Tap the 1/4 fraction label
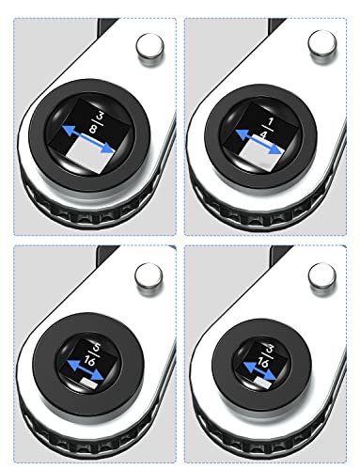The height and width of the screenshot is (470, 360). [x=267, y=128]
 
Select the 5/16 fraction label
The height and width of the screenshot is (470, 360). [x=91, y=354]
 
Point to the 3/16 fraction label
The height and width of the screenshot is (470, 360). [x=265, y=357]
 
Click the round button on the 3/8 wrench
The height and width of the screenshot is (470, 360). [x=149, y=50]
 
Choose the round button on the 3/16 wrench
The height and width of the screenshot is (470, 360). [x=321, y=277]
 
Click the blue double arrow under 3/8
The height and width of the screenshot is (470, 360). [x=88, y=139]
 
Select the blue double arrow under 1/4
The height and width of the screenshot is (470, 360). [x=258, y=142]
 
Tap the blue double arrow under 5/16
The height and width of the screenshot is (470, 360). [x=86, y=369]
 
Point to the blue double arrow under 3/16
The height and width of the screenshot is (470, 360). [x=259, y=371]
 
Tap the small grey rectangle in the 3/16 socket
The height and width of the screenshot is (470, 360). [x=263, y=383]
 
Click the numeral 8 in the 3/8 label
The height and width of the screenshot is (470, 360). [x=92, y=128]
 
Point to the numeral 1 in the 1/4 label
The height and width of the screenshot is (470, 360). [x=270, y=122]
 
